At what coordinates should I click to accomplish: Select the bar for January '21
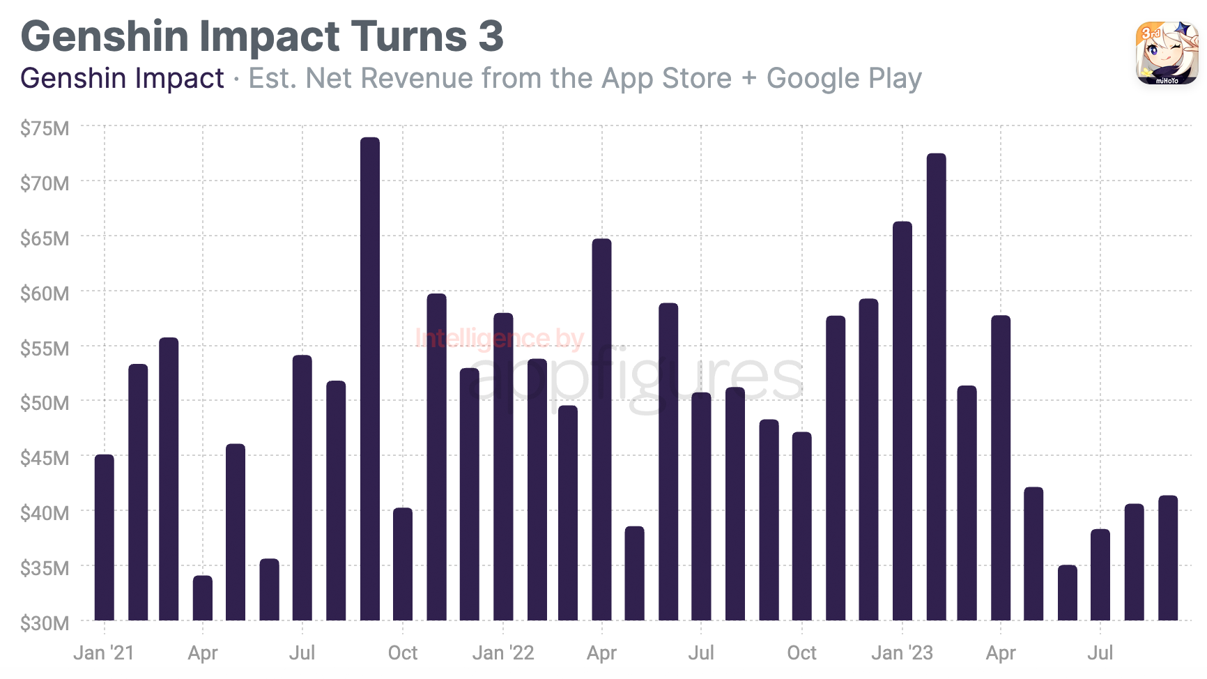pyautogui.click(x=105, y=537)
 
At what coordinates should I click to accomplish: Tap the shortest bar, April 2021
pyautogui.click(x=203, y=597)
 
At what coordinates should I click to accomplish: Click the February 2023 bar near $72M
pyautogui.click(x=936, y=387)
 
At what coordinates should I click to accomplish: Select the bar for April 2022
pyautogui.click(x=601, y=429)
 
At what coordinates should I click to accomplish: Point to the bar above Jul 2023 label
pyautogui.click(x=1100, y=574)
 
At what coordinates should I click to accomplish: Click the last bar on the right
pyautogui.click(x=1168, y=558)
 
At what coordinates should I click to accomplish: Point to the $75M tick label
pyautogui.click(x=45, y=128)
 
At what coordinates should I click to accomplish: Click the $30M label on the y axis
pyautogui.click(x=45, y=623)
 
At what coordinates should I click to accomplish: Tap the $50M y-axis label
pyautogui.click(x=45, y=403)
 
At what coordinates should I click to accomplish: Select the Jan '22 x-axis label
pyautogui.click(x=503, y=653)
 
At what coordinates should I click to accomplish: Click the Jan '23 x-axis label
pyautogui.click(x=902, y=653)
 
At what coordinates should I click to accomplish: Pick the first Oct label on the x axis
pyautogui.click(x=403, y=653)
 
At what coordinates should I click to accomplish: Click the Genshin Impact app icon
pyautogui.click(x=1167, y=53)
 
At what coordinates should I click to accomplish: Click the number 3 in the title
pyautogui.click(x=491, y=36)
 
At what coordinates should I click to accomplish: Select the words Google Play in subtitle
pyautogui.click(x=844, y=79)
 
